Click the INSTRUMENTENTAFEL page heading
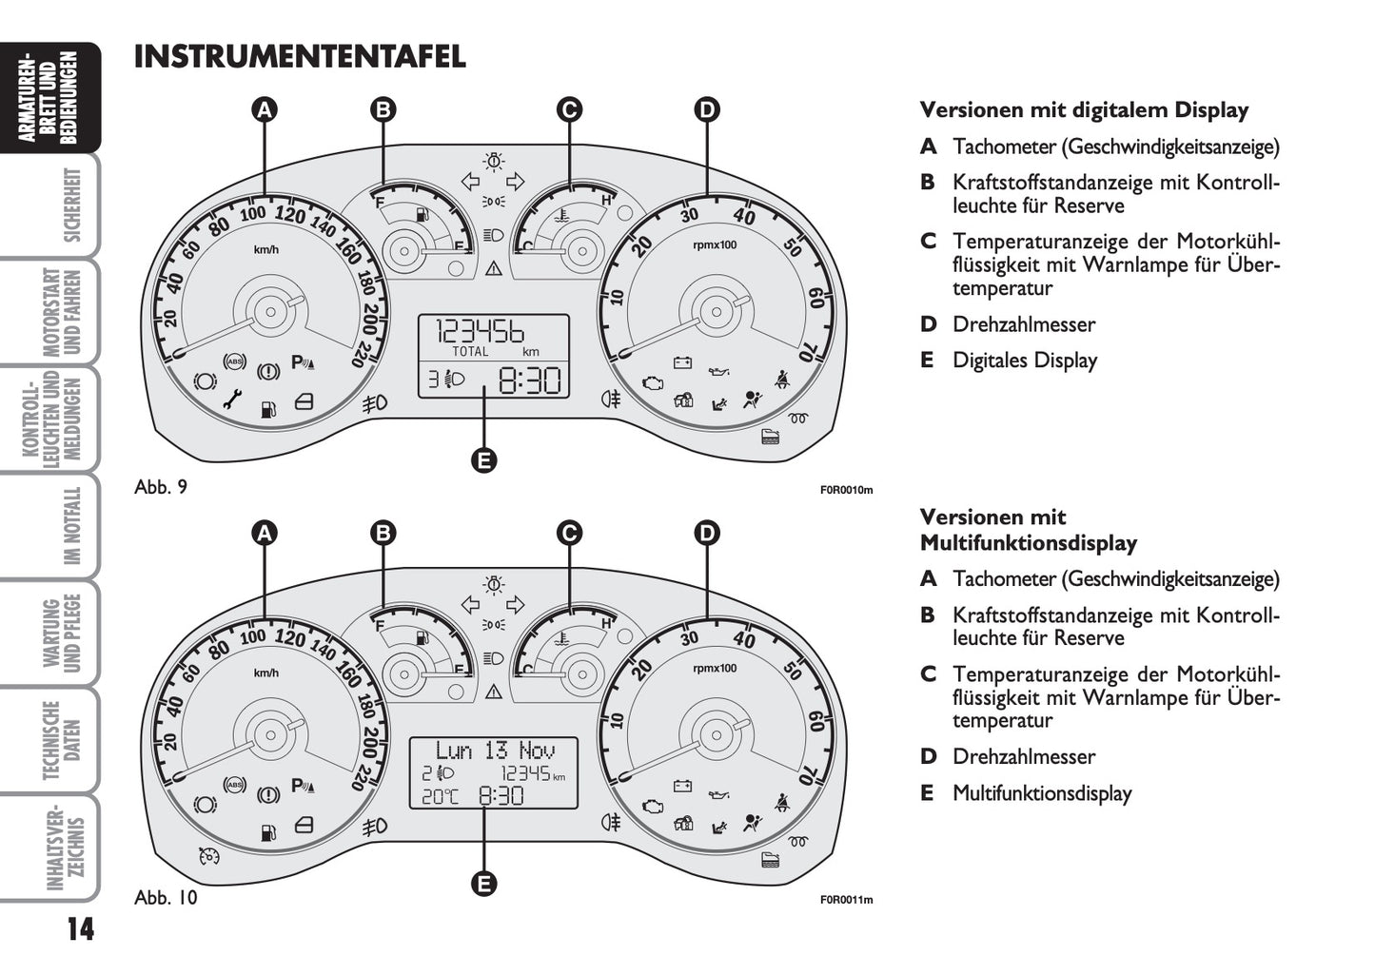[300, 57]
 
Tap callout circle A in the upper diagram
[265, 109]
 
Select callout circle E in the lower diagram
[483, 884]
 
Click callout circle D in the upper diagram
[706, 109]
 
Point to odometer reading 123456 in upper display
[481, 332]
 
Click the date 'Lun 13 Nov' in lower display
[494, 751]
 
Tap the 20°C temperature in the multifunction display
[440, 796]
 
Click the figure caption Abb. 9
[161, 487]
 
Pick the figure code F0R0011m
[846, 900]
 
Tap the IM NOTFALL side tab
[72, 526]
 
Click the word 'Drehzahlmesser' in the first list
[1023, 324]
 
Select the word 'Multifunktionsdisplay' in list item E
[1042, 793]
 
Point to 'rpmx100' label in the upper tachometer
[715, 244]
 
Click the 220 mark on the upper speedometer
[361, 353]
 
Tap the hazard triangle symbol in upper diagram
[493, 269]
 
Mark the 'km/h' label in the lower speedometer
[266, 673]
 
